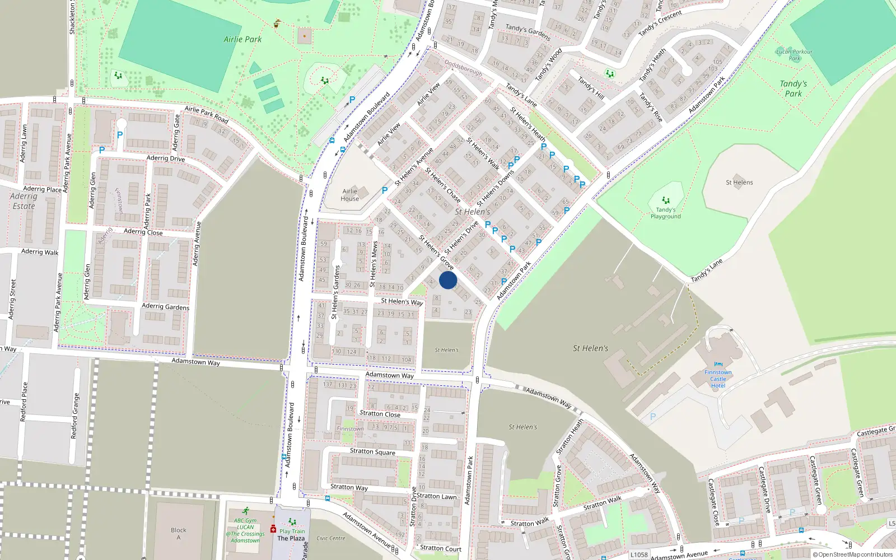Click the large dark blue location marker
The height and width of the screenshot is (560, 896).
pos(448,280)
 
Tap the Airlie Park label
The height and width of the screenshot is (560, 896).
pos(242,39)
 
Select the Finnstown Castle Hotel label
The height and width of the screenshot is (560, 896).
pos(718,379)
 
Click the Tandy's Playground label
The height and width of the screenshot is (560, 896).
pos(665,213)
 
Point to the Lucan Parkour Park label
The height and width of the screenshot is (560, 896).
pos(794,54)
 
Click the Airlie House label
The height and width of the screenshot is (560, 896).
pos(349,195)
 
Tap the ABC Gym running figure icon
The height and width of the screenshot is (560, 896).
pos(246,511)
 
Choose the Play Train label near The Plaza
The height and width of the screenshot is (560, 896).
pos(292,531)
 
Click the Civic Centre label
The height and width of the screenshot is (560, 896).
pos(330,538)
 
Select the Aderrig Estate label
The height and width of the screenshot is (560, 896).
pos(24,201)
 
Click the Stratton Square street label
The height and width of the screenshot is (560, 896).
pos(372,451)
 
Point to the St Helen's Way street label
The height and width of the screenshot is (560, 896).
pos(402,301)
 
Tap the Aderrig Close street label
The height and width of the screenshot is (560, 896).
pos(143,232)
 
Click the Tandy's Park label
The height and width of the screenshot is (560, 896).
pos(793,88)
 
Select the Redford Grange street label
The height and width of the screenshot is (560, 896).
pos(74,416)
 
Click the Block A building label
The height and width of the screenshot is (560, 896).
pos(179,534)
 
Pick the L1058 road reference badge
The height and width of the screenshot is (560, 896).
pos(639,555)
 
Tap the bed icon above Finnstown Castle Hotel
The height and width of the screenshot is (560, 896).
pos(718,365)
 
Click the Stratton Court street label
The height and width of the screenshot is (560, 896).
pos(440,549)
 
